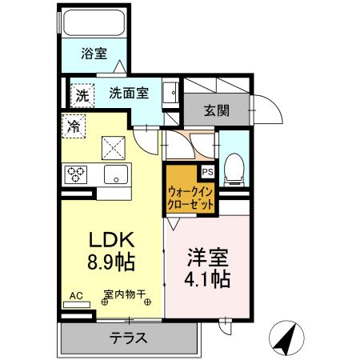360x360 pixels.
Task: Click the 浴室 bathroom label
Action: coord(94,54)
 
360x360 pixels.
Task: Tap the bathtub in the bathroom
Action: coord(93,24)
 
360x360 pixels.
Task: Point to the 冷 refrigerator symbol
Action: coord(74,126)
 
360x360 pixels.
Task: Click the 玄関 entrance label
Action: coord(217,110)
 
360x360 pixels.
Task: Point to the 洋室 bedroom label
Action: coord(209,258)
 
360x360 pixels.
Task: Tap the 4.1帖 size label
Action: coord(210,279)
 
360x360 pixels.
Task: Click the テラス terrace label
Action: coord(128,337)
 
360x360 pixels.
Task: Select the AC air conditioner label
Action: coord(76,295)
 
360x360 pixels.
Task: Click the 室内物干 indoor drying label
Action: coord(123,294)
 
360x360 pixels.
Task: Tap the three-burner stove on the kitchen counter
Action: coord(77,174)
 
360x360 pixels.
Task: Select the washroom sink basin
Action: coord(170,93)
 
